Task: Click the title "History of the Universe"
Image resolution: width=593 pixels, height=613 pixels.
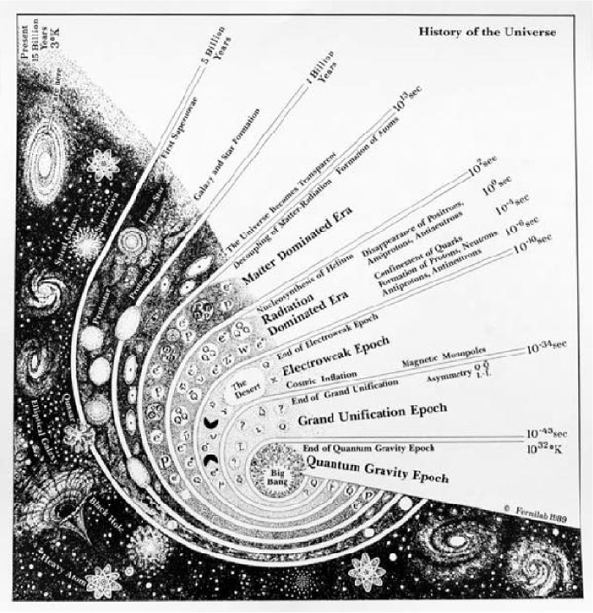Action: pyautogui.click(x=487, y=32)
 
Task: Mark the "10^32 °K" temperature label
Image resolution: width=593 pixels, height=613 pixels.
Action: pyautogui.click(x=547, y=449)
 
